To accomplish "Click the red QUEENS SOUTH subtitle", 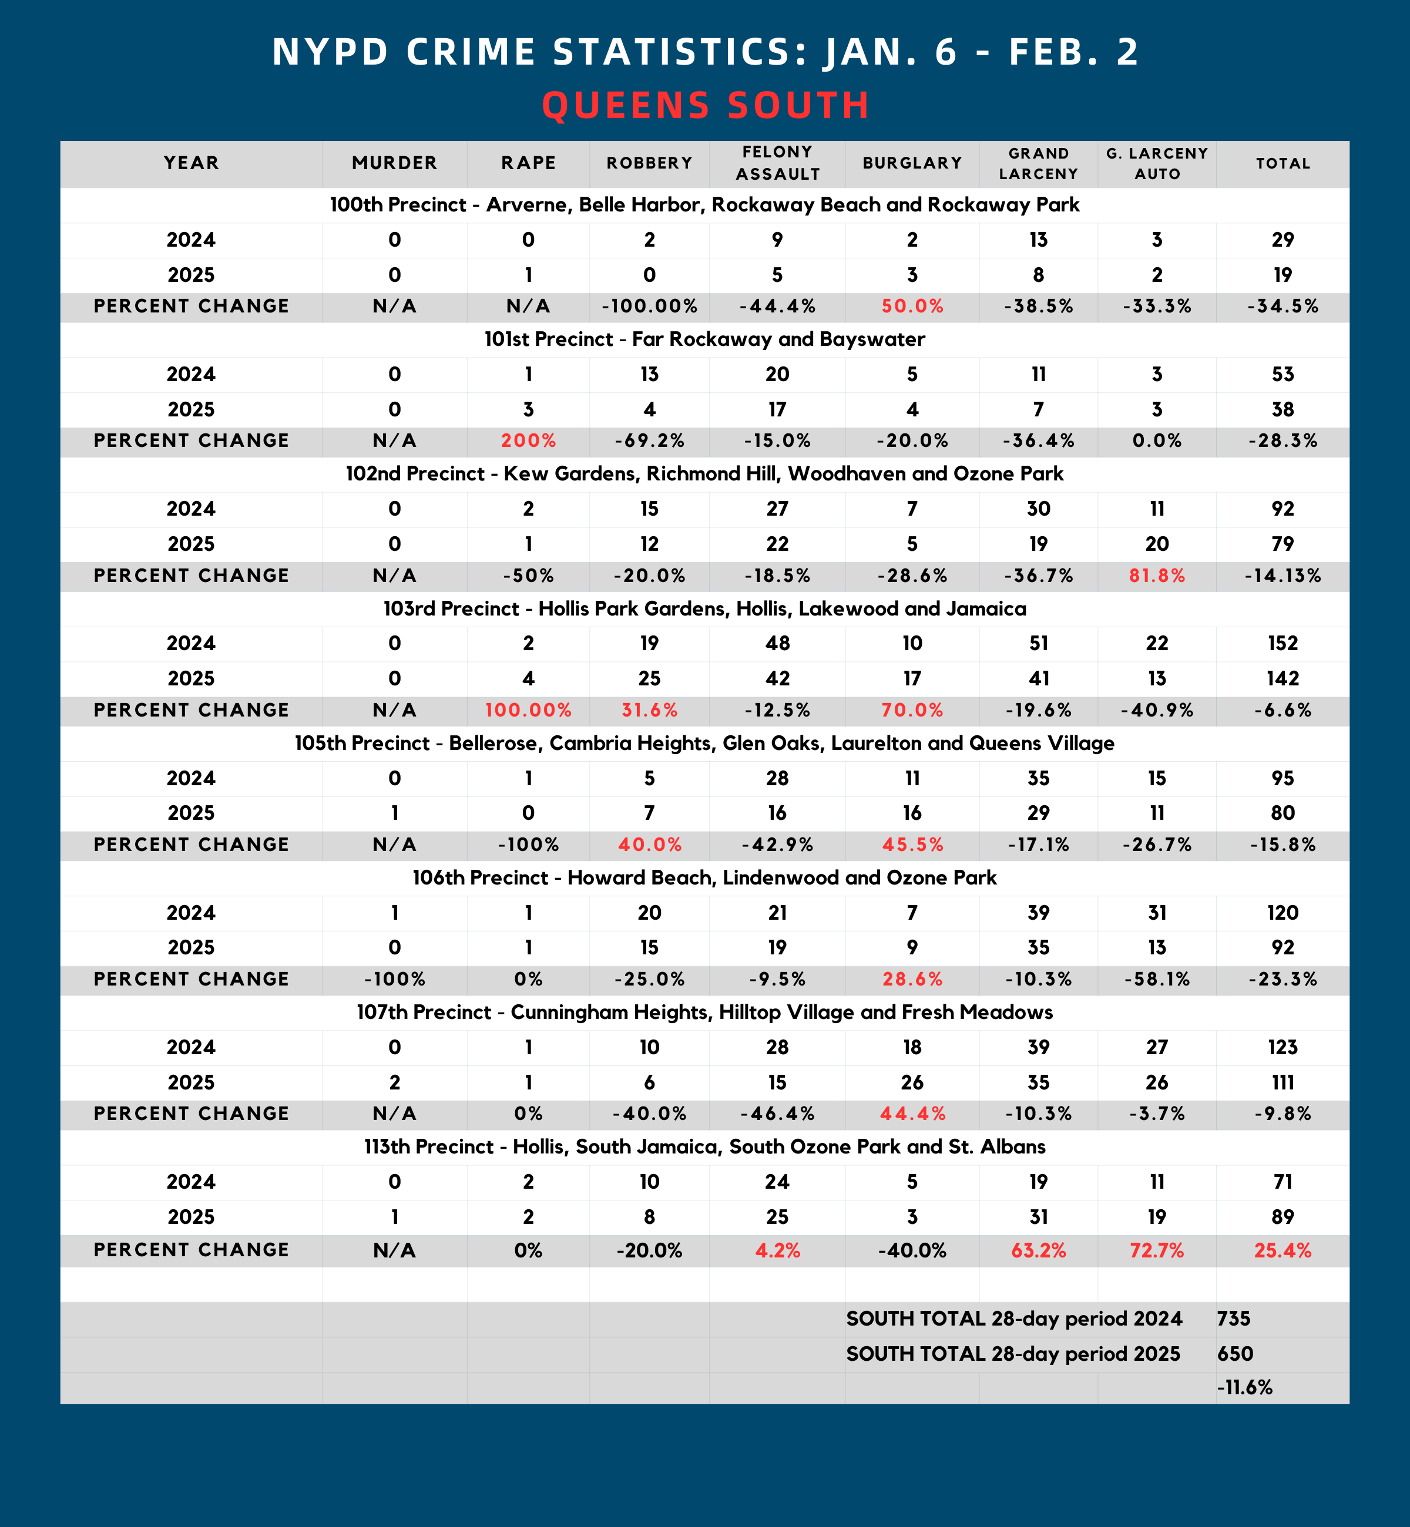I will click(x=705, y=105).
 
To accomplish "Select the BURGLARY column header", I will click(x=912, y=163).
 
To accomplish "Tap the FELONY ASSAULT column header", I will click(x=777, y=163).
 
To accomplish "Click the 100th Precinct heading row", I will click(x=704, y=205).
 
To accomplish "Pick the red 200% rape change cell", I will click(x=528, y=441).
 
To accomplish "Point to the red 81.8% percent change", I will click(x=1157, y=576).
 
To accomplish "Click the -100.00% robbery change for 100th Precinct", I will click(x=649, y=307).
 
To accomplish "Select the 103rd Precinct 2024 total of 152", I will click(x=1283, y=644).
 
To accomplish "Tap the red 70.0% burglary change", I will click(x=912, y=711).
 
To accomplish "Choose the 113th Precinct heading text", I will click(x=704, y=1147).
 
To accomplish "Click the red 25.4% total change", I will click(x=1283, y=1251).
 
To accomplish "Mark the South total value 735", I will click(x=1234, y=1319).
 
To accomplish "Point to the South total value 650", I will click(x=1234, y=1354).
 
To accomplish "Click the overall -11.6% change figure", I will click(x=1244, y=1387).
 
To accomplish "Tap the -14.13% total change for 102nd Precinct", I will click(x=1283, y=576).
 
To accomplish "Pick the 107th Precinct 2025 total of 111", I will click(x=1283, y=1083).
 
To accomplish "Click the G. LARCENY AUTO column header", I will click(x=1157, y=163).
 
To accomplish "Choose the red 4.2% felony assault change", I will click(x=777, y=1251).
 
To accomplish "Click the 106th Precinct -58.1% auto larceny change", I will click(x=1157, y=980).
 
